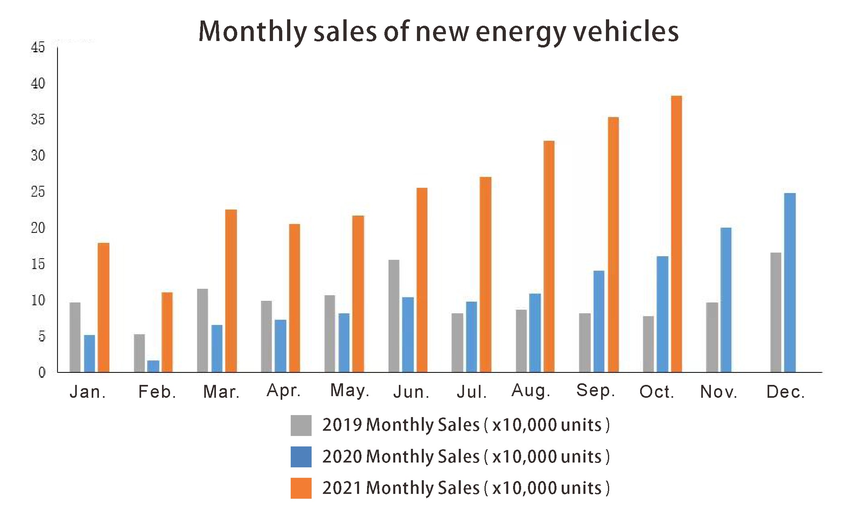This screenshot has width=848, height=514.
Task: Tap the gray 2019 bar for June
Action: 394,316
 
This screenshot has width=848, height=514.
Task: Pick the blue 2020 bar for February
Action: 153,366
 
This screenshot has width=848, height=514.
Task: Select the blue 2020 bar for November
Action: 726,300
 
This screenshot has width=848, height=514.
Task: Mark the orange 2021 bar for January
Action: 103,308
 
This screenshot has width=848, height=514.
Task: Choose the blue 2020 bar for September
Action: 599,321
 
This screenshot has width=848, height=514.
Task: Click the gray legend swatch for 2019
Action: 301,426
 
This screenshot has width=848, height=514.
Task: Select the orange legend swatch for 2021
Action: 301,488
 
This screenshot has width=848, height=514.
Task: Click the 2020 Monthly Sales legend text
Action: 466,457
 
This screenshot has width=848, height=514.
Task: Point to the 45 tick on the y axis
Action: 38,47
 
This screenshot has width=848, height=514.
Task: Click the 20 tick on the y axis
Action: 38,228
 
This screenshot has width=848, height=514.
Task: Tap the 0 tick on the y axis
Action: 41,372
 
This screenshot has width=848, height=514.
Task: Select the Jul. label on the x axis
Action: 472,392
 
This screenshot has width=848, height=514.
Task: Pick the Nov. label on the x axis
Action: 719,392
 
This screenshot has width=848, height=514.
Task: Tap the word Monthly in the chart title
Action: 253,32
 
